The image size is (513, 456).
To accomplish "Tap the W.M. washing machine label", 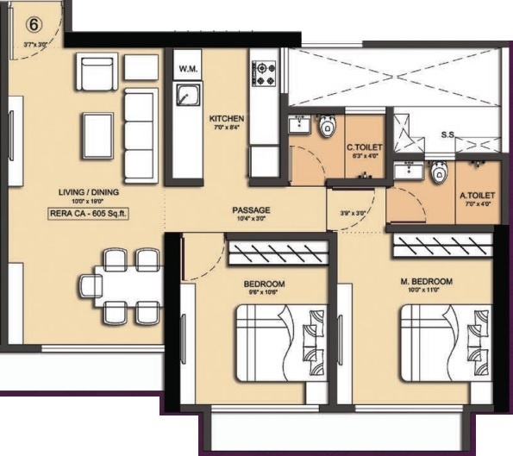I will click(187, 67).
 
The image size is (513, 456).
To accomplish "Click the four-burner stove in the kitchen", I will click(263, 71).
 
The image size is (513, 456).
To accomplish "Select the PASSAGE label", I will click(252, 209).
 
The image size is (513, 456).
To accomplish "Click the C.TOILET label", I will click(360, 147).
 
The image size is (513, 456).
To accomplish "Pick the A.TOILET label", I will click(475, 195).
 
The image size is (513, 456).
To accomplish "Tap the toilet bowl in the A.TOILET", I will click(439, 174).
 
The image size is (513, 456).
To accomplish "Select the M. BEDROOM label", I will click(427, 282).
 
